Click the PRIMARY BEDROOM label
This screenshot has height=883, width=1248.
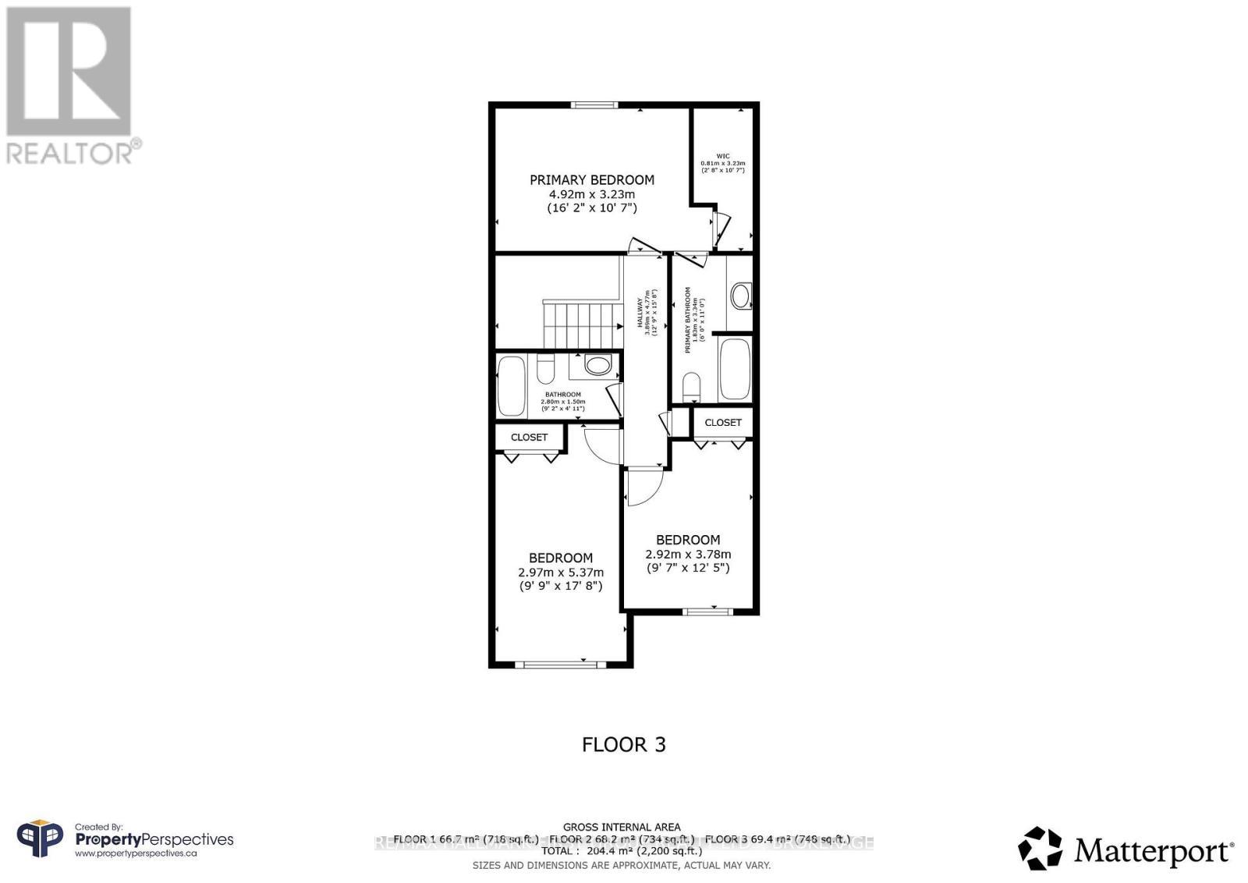tap(591, 179)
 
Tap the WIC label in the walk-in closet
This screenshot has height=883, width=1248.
tap(722, 156)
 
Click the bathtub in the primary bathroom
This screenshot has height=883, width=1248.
tap(735, 367)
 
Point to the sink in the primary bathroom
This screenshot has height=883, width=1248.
tap(740, 296)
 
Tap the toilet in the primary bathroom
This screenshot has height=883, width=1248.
tap(690, 387)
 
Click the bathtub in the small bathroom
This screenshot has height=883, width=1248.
tap(512, 387)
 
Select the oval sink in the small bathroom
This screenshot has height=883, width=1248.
tap(598, 365)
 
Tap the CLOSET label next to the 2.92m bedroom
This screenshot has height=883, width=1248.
tap(723, 422)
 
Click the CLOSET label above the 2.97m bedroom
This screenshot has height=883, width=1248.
tap(529, 437)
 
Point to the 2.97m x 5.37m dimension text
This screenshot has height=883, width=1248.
tap(560, 572)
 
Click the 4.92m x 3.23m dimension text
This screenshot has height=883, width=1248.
tap(591, 194)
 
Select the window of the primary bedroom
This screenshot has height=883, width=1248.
tap(594, 105)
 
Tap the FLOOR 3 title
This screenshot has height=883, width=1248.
tap(623, 744)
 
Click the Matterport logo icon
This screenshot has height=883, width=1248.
tap(1040, 848)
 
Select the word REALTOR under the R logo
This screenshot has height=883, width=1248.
tap(69, 153)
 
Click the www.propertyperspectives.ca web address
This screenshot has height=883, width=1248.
tap(135, 854)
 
